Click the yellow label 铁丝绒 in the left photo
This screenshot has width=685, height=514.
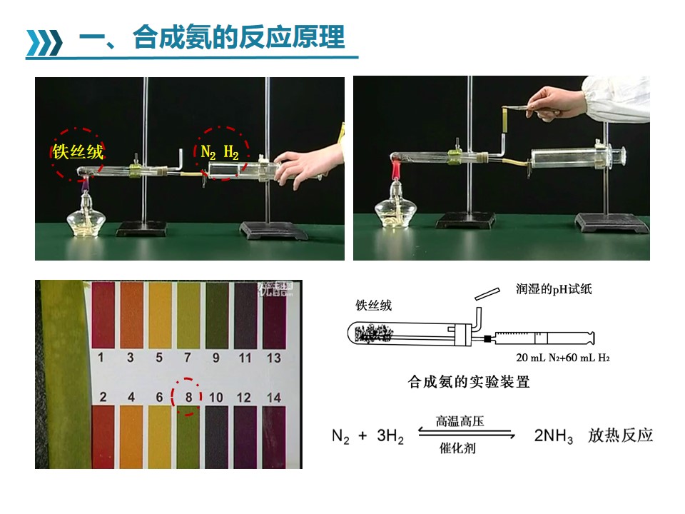pos(78,152)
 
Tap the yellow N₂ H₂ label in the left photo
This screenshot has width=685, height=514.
pos(220,152)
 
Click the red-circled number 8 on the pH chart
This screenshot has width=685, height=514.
pos(188,397)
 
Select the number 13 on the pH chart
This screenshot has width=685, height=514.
pos(273,358)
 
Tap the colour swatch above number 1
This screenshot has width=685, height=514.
pos(103,315)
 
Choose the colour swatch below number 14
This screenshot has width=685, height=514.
pos(274,437)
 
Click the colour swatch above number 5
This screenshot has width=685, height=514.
pos(160,315)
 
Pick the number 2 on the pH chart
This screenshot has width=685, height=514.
pos(103,397)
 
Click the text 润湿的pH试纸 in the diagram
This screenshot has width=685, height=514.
pos(554,289)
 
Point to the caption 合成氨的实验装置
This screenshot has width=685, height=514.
pos(468,381)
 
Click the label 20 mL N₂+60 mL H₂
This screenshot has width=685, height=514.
pos(563,358)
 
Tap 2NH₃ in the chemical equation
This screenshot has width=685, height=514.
pos(553,435)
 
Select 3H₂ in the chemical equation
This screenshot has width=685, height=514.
pos(390,435)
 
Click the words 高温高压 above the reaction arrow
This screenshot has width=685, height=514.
pos(460,421)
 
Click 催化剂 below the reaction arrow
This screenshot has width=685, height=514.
pos(457,448)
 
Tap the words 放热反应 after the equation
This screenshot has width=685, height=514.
pos(620,435)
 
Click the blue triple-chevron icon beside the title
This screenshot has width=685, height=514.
pos(44,42)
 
